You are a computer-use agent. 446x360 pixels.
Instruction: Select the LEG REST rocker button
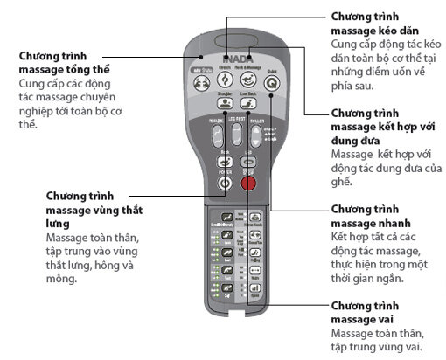point(236,136)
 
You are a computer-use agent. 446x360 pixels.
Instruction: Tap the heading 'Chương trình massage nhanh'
point(372,218)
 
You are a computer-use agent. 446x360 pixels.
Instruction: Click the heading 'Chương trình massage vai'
point(372,314)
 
